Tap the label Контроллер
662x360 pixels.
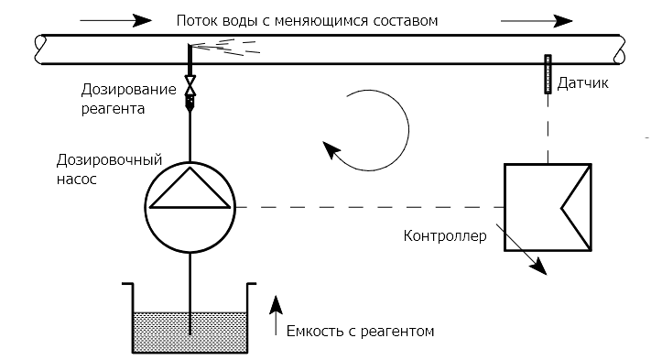tap(445, 236)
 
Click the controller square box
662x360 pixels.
tap(548, 207)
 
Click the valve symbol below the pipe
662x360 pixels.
tap(190, 87)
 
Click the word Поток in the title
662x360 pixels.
tap(197, 19)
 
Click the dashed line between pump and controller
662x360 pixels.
tap(366, 207)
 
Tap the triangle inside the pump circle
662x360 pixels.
tap(190, 192)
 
